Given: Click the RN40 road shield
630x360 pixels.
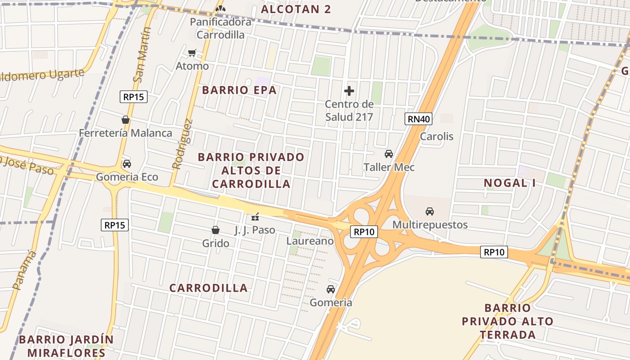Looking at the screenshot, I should pyautogui.click(x=418, y=119).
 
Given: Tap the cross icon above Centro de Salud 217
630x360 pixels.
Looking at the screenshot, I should pyautogui.click(x=349, y=91).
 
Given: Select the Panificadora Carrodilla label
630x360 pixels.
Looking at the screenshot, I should pyautogui.click(x=220, y=28).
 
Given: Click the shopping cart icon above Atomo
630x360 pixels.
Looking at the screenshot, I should pyautogui.click(x=192, y=53).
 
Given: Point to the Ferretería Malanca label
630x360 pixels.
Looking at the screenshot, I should pyautogui.click(x=126, y=133).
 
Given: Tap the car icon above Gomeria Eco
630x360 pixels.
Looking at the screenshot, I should pyautogui.click(x=127, y=164).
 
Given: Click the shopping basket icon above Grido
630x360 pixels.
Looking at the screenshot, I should pyautogui.click(x=216, y=230).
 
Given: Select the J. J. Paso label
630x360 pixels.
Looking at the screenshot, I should pyautogui.click(x=255, y=230).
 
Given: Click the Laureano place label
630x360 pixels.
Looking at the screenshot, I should pyautogui.click(x=310, y=241).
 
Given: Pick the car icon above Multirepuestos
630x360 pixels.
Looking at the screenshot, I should pyautogui.click(x=430, y=211).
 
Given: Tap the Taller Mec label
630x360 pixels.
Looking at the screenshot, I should pyautogui.click(x=389, y=167).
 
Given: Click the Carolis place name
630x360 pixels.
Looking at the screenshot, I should pyautogui.click(x=436, y=136).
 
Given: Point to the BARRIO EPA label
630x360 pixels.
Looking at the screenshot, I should pyautogui.click(x=239, y=90).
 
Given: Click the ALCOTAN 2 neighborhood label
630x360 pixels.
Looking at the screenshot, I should pyautogui.click(x=296, y=9).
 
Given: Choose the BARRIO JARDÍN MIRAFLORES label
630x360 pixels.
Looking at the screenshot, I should pyautogui.click(x=66, y=346).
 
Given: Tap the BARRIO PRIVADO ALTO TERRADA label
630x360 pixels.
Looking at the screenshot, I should pyautogui.click(x=508, y=321).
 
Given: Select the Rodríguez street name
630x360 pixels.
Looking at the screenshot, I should pyautogui.click(x=183, y=144).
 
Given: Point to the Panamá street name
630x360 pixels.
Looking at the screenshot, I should pyautogui.click(x=25, y=270).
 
